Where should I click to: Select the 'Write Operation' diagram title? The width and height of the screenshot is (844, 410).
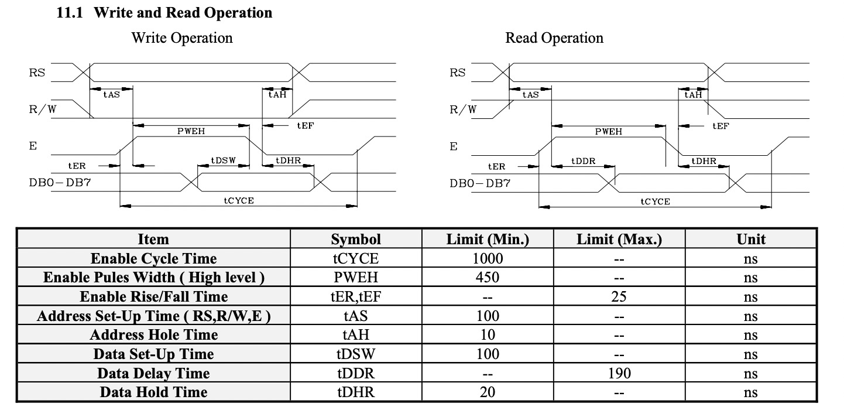(x=181, y=38)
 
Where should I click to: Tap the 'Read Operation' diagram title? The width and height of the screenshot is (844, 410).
(x=554, y=38)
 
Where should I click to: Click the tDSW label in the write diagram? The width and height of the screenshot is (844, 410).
(x=223, y=160)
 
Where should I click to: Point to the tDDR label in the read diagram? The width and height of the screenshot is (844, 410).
(x=584, y=161)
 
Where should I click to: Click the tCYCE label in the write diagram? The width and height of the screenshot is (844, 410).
(x=238, y=200)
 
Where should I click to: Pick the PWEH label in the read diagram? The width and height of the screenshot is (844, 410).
(x=609, y=132)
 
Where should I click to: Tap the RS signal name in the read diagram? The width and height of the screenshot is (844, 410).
(x=457, y=73)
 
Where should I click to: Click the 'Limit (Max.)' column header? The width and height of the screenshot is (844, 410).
(x=619, y=239)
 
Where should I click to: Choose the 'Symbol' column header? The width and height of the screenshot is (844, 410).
(x=356, y=239)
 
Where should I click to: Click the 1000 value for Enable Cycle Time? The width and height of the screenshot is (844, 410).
(x=488, y=258)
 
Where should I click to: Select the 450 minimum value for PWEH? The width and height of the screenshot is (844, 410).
(x=488, y=278)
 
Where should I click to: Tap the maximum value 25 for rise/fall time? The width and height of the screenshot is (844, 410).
(x=619, y=296)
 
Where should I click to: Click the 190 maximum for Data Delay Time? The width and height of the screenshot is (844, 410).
(x=619, y=373)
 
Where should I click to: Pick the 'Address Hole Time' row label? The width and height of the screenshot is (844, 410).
(x=153, y=335)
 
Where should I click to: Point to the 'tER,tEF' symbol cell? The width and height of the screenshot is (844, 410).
(x=356, y=296)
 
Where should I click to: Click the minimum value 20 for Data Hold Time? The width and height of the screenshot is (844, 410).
(x=488, y=392)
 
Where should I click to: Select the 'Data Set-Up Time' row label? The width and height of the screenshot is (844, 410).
(x=153, y=354)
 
